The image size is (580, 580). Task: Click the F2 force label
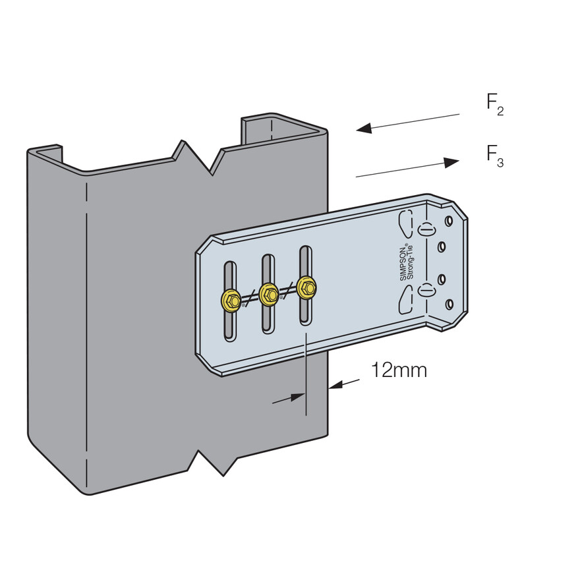click(x=495, y=105)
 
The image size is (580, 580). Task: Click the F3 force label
click(x=495, y=156)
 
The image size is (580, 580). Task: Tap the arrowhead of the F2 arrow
click(x=364, y=128)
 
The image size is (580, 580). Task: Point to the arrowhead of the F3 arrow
click(x=451, y=162)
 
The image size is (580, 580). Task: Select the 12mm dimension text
click(x=399, y=370)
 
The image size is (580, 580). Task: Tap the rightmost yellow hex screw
click(x=307, y=287)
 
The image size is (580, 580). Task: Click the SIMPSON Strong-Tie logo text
click(x=407, y=262)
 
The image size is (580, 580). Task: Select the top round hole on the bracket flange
click(x=449, y=221)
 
